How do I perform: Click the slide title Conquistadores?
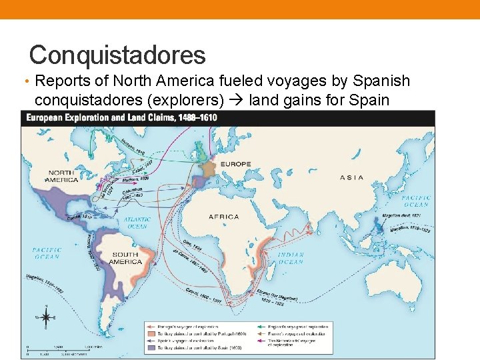[117, 54]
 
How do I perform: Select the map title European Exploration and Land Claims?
[121, 118]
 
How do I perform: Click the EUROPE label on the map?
[236, 163]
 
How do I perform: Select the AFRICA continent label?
[223, 217]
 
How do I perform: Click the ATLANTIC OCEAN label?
[137, 222]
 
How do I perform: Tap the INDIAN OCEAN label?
[290, 258]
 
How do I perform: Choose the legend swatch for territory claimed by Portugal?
[152, 332]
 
